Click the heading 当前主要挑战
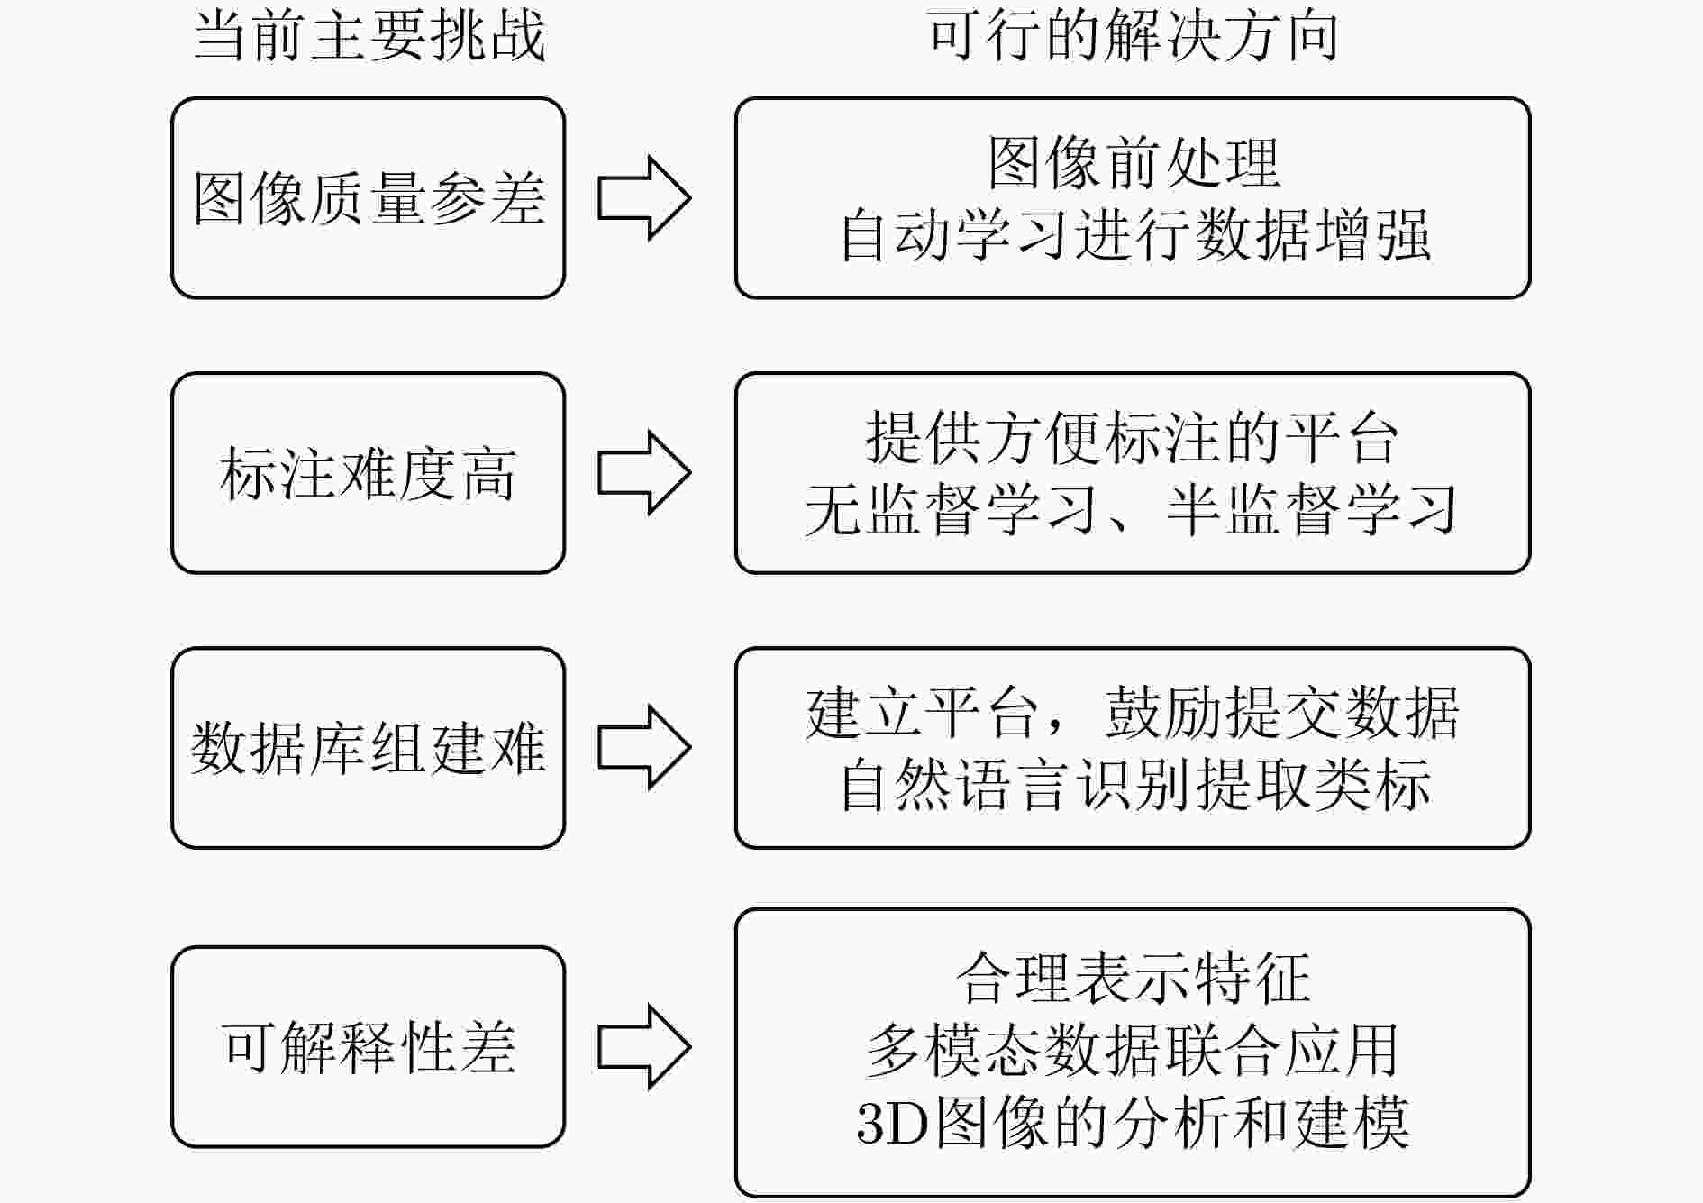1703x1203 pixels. (369, 38)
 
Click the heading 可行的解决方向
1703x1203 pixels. (1132, 38)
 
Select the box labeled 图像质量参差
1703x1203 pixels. (368, 198)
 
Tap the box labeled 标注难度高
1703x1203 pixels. (368, 473)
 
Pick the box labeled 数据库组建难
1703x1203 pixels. (368, 748)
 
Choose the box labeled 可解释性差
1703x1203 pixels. (368, 1047)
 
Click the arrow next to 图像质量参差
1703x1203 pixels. (643, 198)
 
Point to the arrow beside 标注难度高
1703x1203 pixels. (643, 473)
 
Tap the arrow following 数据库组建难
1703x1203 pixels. (643, 748)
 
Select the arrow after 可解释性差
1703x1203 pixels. (643, 1047)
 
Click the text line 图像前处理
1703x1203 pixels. (1133, 163)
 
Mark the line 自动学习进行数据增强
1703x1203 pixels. (1133, 235)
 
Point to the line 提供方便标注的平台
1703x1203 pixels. (1133, 438)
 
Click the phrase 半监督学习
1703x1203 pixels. (1310, 510)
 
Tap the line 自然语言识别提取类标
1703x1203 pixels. (1133, 785)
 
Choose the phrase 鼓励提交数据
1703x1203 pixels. (1281, 713)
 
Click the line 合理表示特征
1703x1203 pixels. (1133, 979)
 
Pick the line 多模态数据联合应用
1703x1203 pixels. (1133, 1051)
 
